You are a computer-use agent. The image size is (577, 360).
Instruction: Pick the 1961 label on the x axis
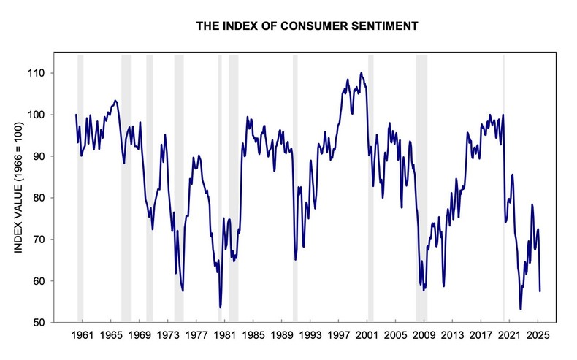click(x=83, y=335)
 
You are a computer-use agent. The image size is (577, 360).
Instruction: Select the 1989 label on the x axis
click(x=281, y=335)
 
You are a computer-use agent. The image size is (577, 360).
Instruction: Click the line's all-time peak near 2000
click(x=361, y=73)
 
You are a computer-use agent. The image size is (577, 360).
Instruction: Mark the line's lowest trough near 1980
click(x=220, y=307)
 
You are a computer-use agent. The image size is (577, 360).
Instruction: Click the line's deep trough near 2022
click(x=521, y=308)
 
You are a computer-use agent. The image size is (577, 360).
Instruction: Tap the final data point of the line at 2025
click(x=540, y=291)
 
